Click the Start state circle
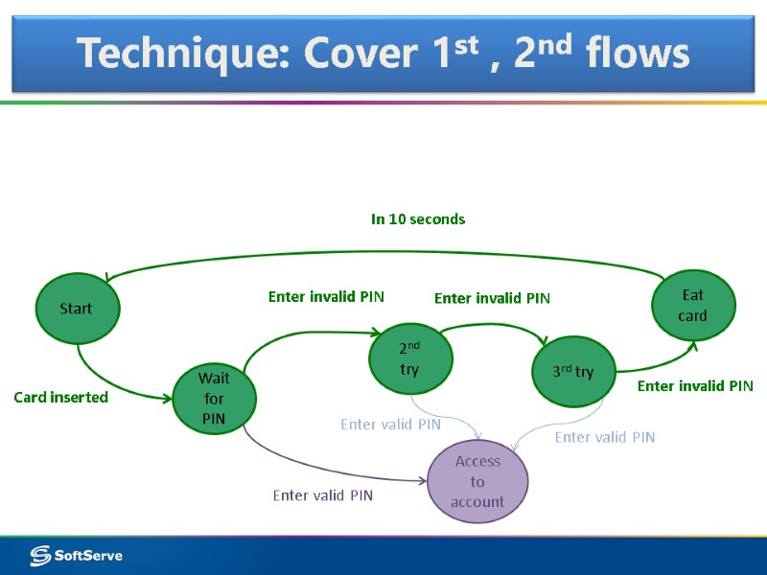pos(76,308)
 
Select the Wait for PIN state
pos(214,399)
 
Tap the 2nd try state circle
pos(410,356)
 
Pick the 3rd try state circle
pos(572,372)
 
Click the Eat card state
pos(693,306)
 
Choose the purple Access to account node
pos(477,481)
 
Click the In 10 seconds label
pos(418,219)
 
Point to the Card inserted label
pos(60,397)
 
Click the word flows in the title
pos(641,53)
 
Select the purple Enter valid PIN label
pos(322,495)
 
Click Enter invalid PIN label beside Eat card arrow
pos(695,386)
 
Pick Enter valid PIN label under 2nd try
pos(390,424)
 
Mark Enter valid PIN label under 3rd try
pos(605,437)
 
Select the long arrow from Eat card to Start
pos(383,252)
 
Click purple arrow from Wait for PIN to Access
pos(316,470)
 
